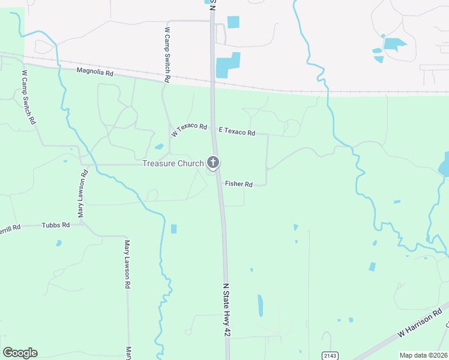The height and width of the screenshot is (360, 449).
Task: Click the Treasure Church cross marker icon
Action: tap(212, 162)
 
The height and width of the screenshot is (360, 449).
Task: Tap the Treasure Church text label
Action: tap(173, 163)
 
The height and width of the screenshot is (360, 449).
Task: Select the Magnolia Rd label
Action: tap(95, 71)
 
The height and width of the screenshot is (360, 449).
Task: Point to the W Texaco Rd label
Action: tap(188, 130)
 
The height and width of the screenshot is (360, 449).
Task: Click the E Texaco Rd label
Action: tap(237, 132)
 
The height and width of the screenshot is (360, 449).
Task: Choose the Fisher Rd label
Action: tap(238, 184)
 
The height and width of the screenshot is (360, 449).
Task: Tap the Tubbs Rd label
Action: tap(56, 225)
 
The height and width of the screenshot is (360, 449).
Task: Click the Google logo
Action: tap(20, 353)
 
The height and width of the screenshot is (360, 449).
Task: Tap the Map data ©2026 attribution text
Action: tap(423, 355)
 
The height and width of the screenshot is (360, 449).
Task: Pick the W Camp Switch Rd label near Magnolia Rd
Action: tap(167, 55)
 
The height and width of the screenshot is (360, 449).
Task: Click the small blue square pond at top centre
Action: tap(233, 22)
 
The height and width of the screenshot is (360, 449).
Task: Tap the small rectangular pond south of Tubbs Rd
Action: tap(174, 229)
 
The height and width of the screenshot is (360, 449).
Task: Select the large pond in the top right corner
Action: tap(394, 44)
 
